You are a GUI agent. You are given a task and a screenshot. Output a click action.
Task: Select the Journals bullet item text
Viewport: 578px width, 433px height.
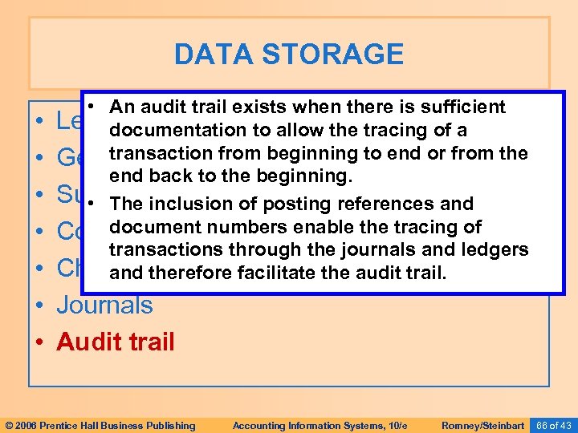pyautogui.click(x=104, y=305)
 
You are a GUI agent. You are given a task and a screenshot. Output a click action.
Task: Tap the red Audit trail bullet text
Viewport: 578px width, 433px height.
pyautogui.click(x=116, y=342)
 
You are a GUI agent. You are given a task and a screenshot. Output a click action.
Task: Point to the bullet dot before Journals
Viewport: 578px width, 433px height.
pyautogui.click(x=40, y=306)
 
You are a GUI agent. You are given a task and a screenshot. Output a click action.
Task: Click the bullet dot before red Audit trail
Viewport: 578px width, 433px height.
pyautogui.click(x=40, y=342)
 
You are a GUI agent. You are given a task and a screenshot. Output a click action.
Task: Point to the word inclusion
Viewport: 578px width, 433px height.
pyautogui.click(x=186, y=204)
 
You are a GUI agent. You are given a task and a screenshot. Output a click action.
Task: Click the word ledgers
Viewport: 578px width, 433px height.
pyautogui.click(x=495, y=250)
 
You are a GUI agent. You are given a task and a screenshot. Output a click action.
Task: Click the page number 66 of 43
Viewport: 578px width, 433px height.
pyautogui.click(x=553, y=425)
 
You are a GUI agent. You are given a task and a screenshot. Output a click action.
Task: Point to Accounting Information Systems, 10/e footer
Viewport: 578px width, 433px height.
pyautogui.click(x=308, y=425)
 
